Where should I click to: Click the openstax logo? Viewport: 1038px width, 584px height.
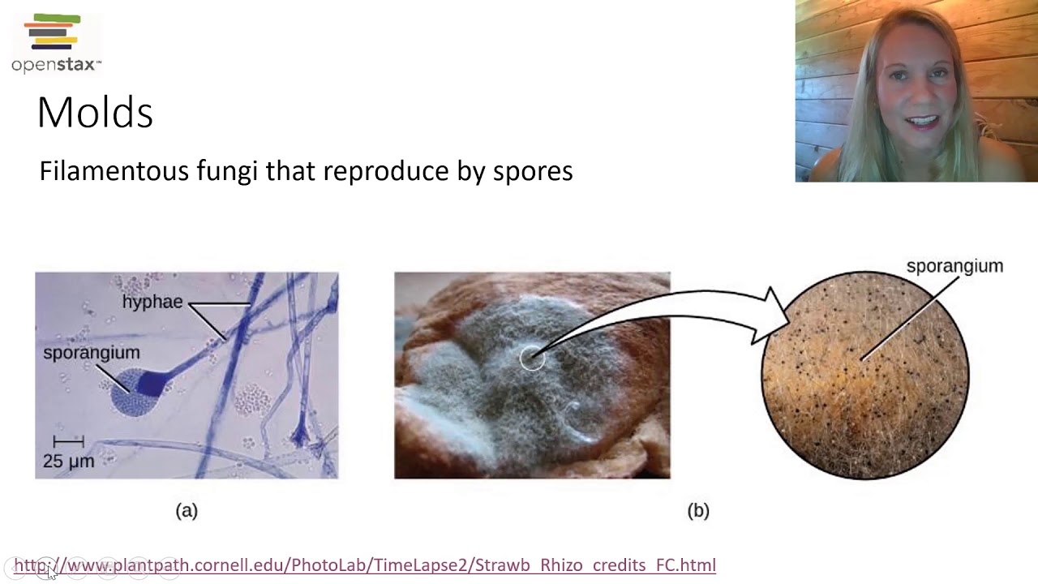[x=55, y=44]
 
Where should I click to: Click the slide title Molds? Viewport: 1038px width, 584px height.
[x=95, y=113]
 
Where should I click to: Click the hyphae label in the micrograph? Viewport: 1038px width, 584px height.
[x=152, y=302]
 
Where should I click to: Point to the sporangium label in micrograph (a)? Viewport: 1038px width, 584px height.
[x=91, y=353]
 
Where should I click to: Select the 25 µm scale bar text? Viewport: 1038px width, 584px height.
[x=69, y=461]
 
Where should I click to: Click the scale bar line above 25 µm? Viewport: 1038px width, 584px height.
[x=69, y=442]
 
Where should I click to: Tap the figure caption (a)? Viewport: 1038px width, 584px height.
[x=187, y=510]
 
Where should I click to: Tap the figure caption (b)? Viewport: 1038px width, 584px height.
[x=698, y=510]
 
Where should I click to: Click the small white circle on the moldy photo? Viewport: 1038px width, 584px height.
[x=532, y=359]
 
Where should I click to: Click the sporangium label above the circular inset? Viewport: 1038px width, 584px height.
[x=954, y=266]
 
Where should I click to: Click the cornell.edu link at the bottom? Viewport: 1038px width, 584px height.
[x=365, y=565]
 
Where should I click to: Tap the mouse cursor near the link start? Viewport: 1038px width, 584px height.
[x=50, y=572]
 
